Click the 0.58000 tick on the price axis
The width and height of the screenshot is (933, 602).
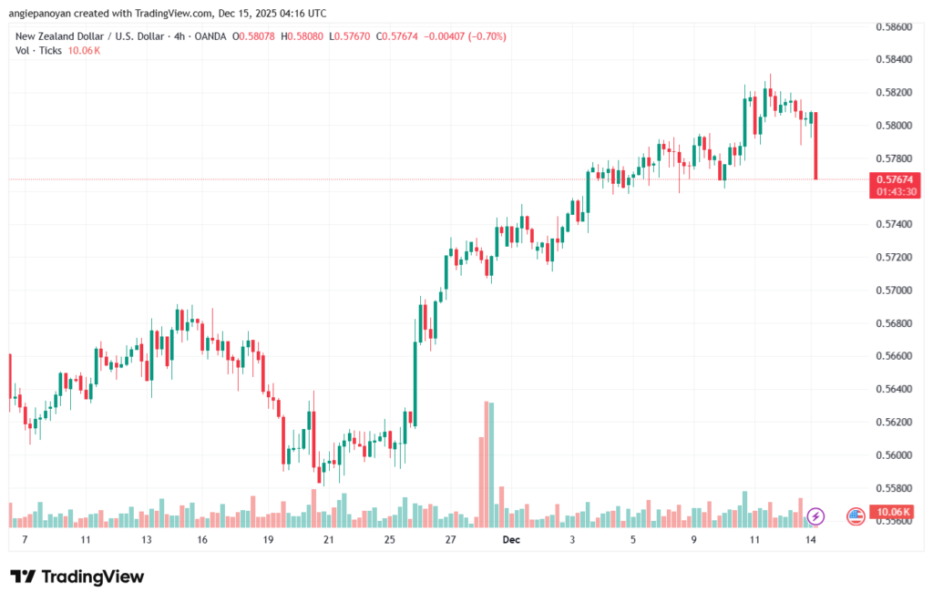896,126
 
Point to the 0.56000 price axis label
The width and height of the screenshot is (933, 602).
896,455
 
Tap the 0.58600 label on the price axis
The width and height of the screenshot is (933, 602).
896,27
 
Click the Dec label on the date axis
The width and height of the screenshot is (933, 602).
511,540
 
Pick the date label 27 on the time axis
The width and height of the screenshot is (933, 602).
450,540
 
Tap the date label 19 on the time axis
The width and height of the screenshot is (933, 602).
268,540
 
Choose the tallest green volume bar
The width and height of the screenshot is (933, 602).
491,464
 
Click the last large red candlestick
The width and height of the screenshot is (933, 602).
815,146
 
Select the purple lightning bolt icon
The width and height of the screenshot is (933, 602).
816,516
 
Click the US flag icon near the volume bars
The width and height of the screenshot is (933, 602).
856,516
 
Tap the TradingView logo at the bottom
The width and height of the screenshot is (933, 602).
77,576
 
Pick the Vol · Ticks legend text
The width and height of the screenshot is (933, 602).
38,50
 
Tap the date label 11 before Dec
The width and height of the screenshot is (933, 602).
84,540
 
